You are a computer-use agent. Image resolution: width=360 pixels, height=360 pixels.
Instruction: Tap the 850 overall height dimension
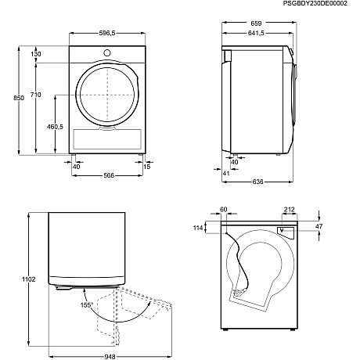(x=7, y=102)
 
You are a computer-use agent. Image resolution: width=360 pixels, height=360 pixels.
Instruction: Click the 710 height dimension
(x=36, y=95)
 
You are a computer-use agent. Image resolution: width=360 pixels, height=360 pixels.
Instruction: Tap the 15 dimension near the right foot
(x=147, y=166)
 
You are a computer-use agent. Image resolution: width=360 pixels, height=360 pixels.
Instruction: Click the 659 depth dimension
(x=257, y=23)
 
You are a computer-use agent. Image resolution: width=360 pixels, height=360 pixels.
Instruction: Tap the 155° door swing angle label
(x=87, y=304)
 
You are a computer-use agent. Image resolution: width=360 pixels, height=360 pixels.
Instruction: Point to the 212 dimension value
(x=290, y=210)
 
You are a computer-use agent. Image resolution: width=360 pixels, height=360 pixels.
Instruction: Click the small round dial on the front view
(x=106, y=52)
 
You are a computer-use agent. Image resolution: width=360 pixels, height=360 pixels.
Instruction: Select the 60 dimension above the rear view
(x=222, y=210)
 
